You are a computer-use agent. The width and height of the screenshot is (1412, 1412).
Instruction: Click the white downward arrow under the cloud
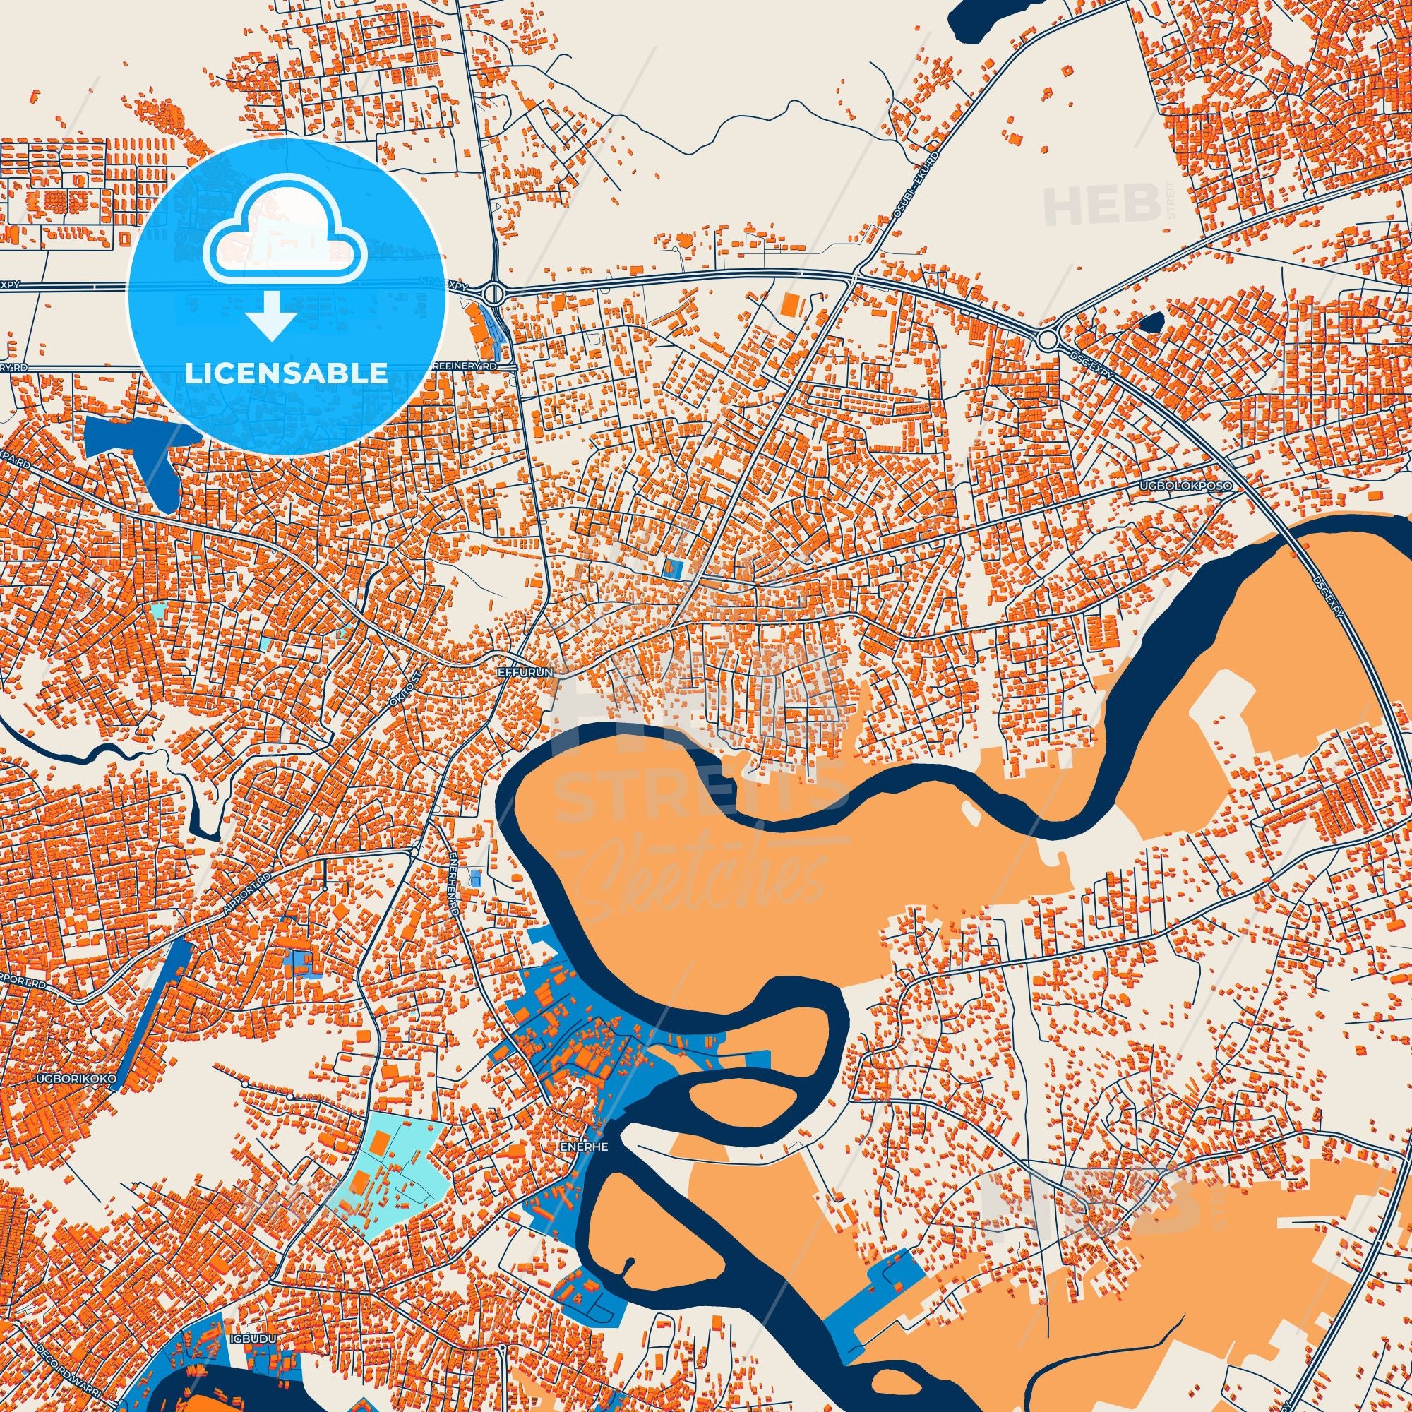point(271,316)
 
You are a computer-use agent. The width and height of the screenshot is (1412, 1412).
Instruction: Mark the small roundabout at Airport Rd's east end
point(414,852)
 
